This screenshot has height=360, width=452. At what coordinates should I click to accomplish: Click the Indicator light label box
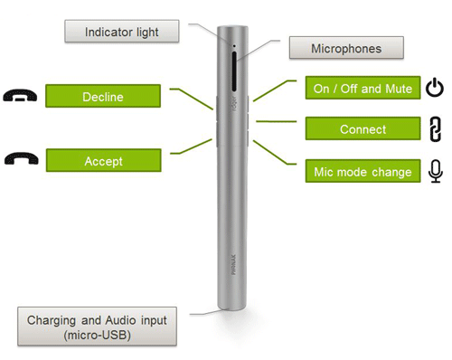pyautogui.click(x=122, y=32)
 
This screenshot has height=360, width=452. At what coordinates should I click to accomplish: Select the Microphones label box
pyautogui.click(x=346, y=48)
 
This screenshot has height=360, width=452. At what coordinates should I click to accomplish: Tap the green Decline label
pyautogui.click(x=103, y=96)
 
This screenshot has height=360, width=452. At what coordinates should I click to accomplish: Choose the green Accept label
pyautogui.click(x=104, y=160)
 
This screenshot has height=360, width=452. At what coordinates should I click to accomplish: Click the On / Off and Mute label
pyautogui.click(x=363, y=88)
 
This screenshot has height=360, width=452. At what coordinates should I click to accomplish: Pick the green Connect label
pyautogui.click(x=363, y=128)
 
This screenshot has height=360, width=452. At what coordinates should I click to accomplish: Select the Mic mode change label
pyautogui.click(x=363, y=171)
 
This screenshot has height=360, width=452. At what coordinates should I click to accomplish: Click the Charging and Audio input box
pyautogui.click(x=97, y=327)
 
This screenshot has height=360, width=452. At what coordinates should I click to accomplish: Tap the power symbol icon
pyautogui.click(x=435, y=87)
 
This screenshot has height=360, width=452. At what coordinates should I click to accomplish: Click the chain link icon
pyautogui.click(x=436, y=129)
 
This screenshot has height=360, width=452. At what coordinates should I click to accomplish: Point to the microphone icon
pyautogui.click(x=436, y=171)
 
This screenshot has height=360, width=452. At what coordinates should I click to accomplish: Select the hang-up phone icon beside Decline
pyautogui.click(x=20, y=95)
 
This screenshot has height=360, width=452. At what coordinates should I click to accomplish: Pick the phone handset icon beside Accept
pyautogui.click(x=22, y=158)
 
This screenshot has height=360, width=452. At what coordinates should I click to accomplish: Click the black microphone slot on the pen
pyautogui.click(x=234, y=71)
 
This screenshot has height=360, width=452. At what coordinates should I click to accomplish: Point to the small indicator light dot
pyautogui.click(x=234, y=46)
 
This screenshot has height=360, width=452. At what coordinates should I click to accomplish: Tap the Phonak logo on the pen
pyautogui.click(x=233, y=265)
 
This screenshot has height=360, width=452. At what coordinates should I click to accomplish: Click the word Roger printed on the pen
pyautogui.click(x=235, y=103)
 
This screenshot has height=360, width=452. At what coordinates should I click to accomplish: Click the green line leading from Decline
pyautogui.click(x=191, y=98)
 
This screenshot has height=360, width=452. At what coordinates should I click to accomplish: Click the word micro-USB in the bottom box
pyautogui.click(x=97, y=336)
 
